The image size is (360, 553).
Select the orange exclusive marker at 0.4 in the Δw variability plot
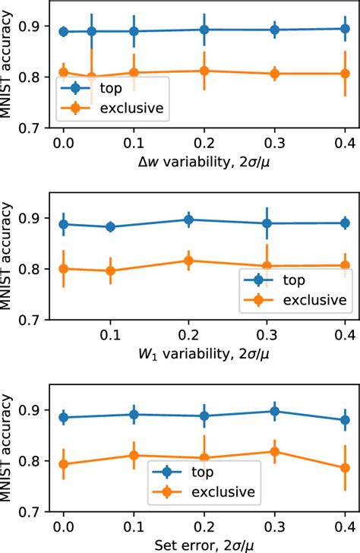[345, 74]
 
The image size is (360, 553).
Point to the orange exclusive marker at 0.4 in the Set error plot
[345, 468]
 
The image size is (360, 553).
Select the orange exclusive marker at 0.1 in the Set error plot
[134, 456]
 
